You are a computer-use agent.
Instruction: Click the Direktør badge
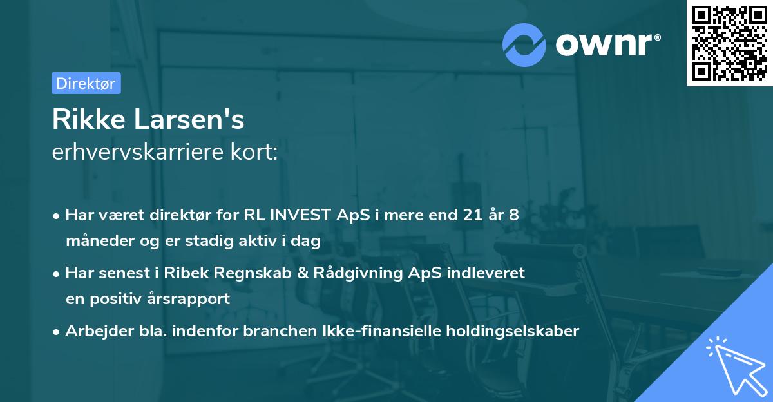click(86, 83)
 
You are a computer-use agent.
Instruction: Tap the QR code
click(729, 43)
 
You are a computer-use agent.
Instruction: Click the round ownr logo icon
click(524, 44)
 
